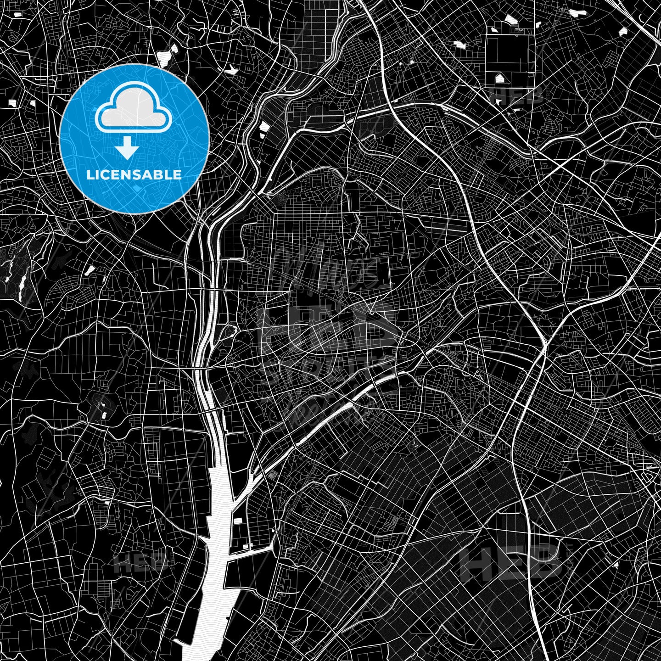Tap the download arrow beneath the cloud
pyautogui.click(x=127, y=149)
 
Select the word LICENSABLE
pyautogui.click(x=134, y=175)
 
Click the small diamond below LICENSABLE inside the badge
pyautogui.click(x=136, y=188)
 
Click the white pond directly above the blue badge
pyautogui.click(x=164, y=57)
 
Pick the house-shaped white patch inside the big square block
pyautogui.click(x=499, y=78)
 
